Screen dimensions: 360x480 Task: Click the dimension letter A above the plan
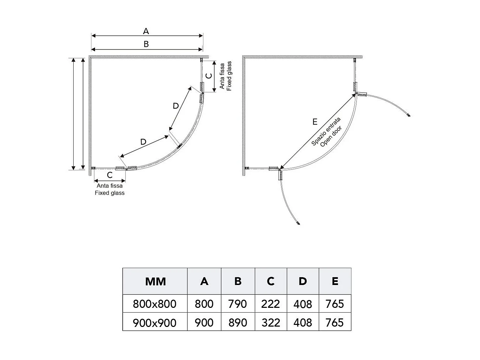coord(146,31)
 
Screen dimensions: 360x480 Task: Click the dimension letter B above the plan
coord(146,44)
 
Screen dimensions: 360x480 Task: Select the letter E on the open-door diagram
coord(315,122)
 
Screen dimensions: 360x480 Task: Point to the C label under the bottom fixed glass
coord(110,175)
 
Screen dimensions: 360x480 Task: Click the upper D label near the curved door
coord(176,106)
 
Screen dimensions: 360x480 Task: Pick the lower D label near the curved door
coord(143,142)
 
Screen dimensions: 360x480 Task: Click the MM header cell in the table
coord(155,282)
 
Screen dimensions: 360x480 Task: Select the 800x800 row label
coord(155,304)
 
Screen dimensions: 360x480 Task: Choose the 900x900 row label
coord(155,322)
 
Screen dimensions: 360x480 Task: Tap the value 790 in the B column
coord(237,304)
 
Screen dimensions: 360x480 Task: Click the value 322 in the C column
coord(270,322)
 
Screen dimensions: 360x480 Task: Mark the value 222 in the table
coord(270,304)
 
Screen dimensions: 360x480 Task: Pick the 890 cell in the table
coord(237,322)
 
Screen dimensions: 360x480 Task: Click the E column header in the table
coord(335,281)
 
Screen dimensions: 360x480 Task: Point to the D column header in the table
coord(303,281)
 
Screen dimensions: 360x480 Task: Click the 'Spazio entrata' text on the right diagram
coord(326,132)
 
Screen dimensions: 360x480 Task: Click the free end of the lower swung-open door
coord(299,224)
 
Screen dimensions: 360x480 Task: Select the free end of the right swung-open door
coord(409,116)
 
